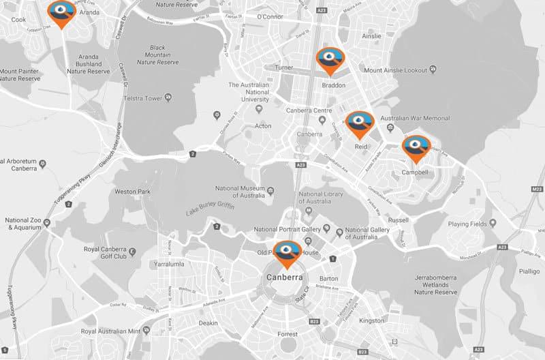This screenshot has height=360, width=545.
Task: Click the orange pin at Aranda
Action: (62, 12)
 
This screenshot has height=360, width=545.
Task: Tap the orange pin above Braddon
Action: (330, 60)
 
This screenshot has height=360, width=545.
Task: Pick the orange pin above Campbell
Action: (416, 148)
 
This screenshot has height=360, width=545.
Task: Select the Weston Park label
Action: (132, 192)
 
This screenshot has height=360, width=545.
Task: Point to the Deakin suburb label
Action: (208, 322)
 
